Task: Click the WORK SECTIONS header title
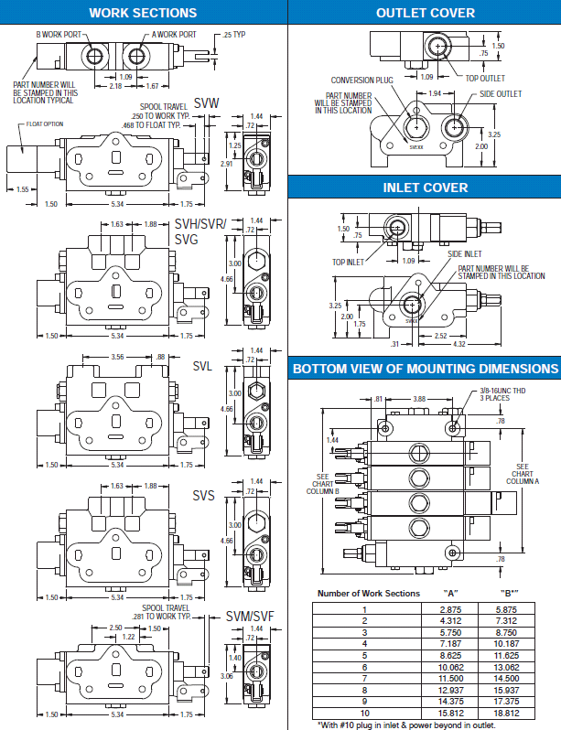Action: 144,13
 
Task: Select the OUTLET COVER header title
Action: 426,13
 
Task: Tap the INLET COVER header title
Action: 426,188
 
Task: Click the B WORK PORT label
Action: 59,33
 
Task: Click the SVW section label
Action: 207,105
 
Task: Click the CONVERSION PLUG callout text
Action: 361,80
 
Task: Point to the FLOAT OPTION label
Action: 45,123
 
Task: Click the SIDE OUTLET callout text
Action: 501,93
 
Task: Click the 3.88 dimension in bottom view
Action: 419,399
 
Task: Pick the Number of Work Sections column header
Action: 369,594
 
